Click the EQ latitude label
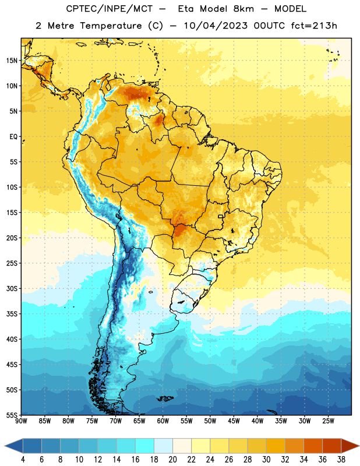pos(13,137)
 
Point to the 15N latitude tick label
pos(12,61)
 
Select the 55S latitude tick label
pos(12,415)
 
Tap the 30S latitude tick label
pos(12,288)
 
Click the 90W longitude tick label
pos(21,421)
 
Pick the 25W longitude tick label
pos(328,421)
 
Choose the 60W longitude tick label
pos(163,421)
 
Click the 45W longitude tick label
pos(234,421)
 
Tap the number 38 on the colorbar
pos(341,460)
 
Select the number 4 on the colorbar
pos(23,460)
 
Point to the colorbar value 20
pos(172,460)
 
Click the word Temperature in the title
pos(111,26)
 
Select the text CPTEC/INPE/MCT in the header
pos(109,9)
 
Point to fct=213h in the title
pos(314,26)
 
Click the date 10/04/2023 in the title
pos(216,26)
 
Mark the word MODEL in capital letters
pos(290,9)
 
